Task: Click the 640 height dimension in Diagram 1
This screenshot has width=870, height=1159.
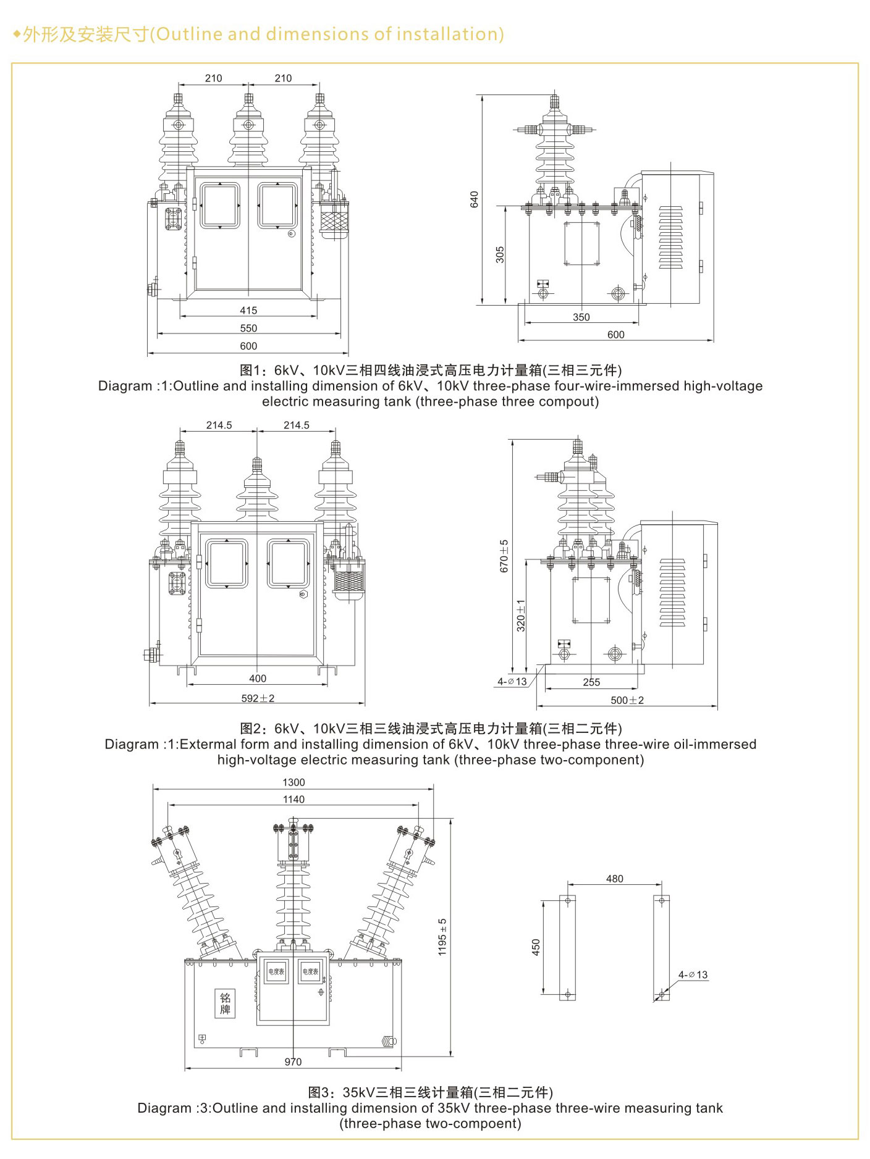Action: click(474, 199)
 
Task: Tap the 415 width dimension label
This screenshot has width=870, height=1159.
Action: click(248, 311)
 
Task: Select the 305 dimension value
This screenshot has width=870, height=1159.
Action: click(500, 254)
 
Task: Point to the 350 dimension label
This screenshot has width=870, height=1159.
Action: click(581, 317)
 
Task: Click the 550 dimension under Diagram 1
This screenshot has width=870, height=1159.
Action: click(248, 328)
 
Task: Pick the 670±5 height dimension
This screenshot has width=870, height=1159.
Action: click(504, 556)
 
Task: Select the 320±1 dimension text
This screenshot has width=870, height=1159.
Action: click(521, 615)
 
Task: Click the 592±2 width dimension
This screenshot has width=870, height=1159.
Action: click(258, 698)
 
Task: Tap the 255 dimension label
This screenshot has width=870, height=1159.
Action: click(591, 682)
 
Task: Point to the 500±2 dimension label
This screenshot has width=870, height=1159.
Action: click(627, 700)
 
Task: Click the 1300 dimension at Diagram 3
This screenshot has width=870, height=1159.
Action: click(294, 782)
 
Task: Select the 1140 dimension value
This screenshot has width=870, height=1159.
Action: click(294, 800)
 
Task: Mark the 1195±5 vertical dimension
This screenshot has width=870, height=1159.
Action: click(442, 937)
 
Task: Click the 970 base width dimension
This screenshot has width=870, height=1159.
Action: click(293, 1062)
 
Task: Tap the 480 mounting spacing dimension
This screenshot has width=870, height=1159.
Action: click(614, 879)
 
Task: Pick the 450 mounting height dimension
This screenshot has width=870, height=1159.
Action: click(536, 947)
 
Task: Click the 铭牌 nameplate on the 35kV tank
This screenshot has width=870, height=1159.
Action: click(225, 1003)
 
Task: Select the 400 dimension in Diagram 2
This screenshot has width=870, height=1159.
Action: click(258, 679)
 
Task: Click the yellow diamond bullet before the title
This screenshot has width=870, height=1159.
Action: click(17, 34)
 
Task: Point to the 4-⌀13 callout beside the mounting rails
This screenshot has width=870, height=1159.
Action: click(693, 975)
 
